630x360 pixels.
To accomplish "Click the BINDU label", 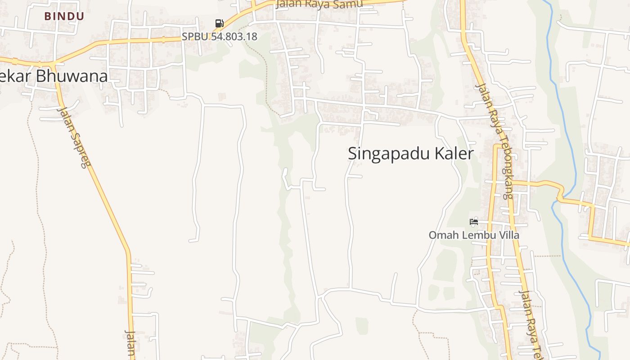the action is (x=64, y=16).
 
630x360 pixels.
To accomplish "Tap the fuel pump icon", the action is (x=219, y=23).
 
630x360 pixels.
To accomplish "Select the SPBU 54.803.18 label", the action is (x=219, y=36).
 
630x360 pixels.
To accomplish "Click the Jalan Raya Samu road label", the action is (x=319, y=4).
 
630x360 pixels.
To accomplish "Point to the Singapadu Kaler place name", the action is (x=410, y=153).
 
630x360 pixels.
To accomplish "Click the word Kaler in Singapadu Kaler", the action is (x=454, y=153).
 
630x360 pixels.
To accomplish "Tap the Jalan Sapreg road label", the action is (x=74, y=137).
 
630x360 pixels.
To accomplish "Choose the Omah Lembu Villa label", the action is (x=473, y=235).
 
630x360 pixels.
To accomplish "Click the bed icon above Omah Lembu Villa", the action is (x=473, y=221).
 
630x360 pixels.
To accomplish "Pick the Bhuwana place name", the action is (x=72, y=76).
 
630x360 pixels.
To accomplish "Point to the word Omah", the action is (x=440, y=235).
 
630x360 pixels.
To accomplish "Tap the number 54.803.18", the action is (x=234, y=36).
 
